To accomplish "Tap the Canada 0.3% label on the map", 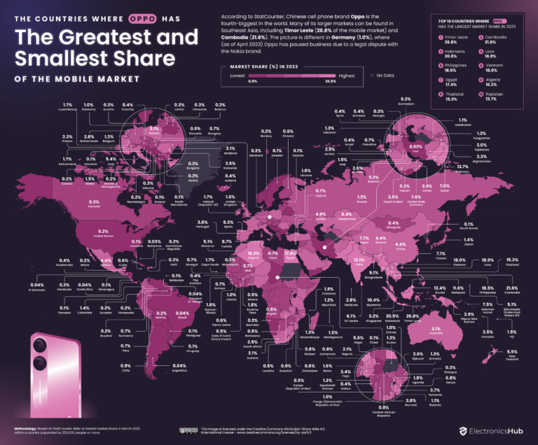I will (93, 204).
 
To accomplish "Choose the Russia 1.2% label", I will (361, 199).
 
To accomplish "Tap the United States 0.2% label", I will (104, 233).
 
